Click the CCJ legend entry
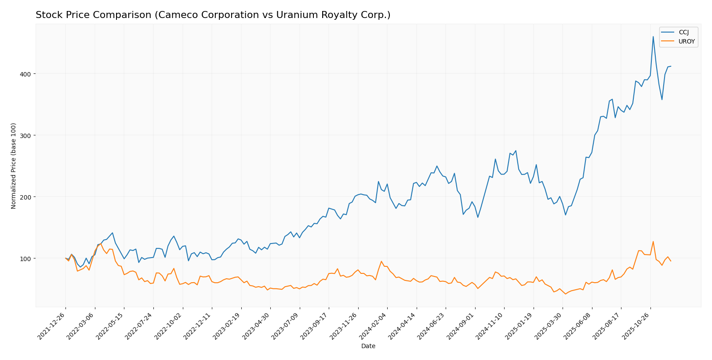683,32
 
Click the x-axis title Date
368,346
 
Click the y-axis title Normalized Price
14,166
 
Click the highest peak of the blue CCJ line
653,36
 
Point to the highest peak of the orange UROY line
653,241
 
